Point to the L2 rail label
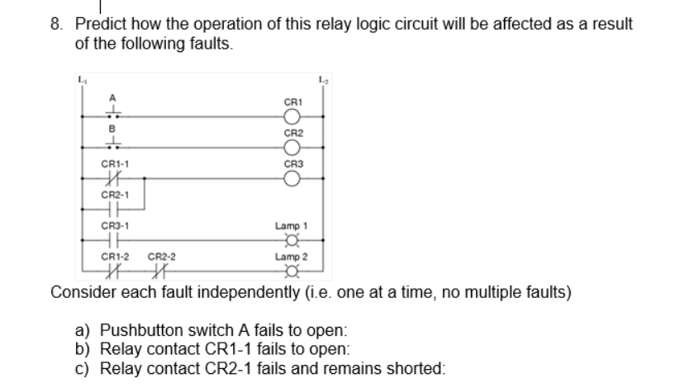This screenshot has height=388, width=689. point(322,78)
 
